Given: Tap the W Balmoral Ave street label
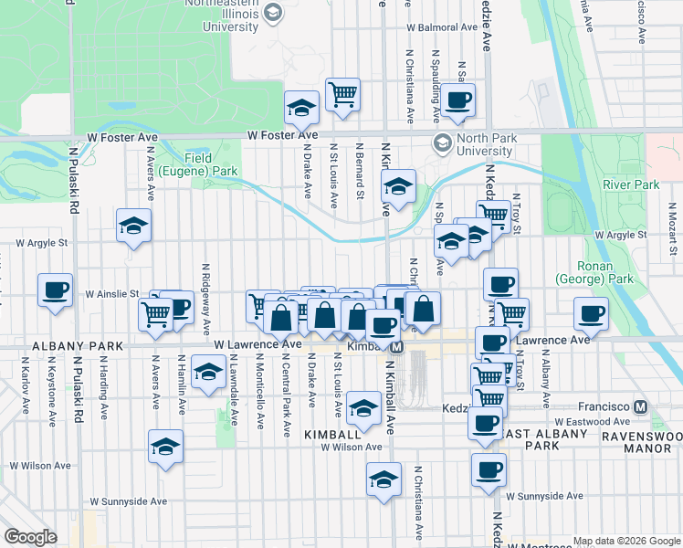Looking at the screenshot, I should point(443,27).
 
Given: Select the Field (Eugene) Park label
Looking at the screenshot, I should point(198,164).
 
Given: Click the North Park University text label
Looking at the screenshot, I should point(485,144).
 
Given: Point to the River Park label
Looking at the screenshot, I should point(630,184).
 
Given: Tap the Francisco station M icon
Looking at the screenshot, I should point(641,406).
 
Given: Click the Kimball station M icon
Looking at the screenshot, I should point(396,347).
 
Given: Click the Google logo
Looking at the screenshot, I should point(30,537).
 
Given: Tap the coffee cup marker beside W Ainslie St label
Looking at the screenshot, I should point(55,291).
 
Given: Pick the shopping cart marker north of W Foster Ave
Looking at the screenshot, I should point(342,94).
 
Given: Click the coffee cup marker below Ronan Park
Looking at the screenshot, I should point(591,314).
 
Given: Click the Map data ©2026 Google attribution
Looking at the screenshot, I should point(626,540).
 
